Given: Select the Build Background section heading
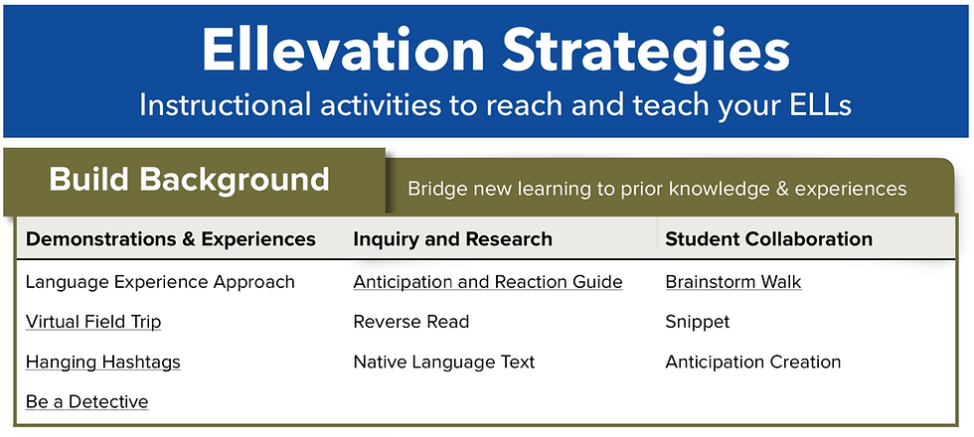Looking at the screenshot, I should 189,180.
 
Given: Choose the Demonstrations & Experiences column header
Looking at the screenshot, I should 170,239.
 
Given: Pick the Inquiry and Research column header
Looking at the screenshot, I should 452,239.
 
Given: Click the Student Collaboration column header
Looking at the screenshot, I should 768,239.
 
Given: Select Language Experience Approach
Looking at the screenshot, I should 160,282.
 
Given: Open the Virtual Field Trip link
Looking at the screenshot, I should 93,322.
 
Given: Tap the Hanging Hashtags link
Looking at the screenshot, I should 103,362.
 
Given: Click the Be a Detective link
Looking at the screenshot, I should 86,401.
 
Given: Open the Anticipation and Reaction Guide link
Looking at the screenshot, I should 488,282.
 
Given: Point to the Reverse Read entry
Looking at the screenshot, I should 411,322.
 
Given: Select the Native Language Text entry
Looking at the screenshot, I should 444,362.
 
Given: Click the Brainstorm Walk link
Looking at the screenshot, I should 733,282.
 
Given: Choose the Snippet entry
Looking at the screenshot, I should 698,322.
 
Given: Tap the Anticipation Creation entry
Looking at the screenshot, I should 753,362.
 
